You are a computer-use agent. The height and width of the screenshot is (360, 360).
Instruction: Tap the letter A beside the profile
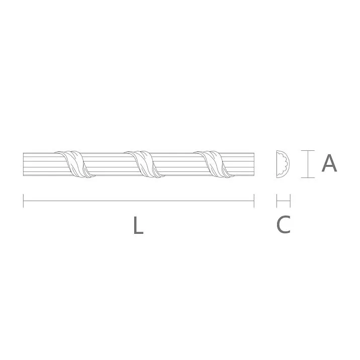click(329, 163)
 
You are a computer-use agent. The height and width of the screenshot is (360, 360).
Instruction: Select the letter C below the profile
click(284, 224)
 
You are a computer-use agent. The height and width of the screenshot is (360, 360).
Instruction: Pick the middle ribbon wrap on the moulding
click(146, 164)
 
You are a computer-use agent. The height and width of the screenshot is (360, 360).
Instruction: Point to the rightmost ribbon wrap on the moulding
click(216, 164)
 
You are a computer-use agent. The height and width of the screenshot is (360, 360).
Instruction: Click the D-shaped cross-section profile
click(283, 164)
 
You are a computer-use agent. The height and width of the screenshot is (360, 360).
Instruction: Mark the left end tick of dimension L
click(24, 201)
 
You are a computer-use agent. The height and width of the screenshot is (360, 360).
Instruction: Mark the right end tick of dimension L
click(254, 201)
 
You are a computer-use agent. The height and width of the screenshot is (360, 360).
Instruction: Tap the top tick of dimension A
click(307, 150)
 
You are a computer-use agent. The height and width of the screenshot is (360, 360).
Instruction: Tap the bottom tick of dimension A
click(307, 177)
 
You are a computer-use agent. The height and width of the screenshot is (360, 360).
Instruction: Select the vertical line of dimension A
click(307, 164)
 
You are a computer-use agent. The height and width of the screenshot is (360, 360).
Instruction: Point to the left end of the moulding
click(24, 164)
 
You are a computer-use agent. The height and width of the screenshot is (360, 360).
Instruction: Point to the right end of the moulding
click(253, 164)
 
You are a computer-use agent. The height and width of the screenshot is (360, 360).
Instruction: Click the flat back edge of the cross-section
click(277, 164)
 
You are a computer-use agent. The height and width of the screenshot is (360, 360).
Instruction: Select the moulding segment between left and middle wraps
click(108, 164)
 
